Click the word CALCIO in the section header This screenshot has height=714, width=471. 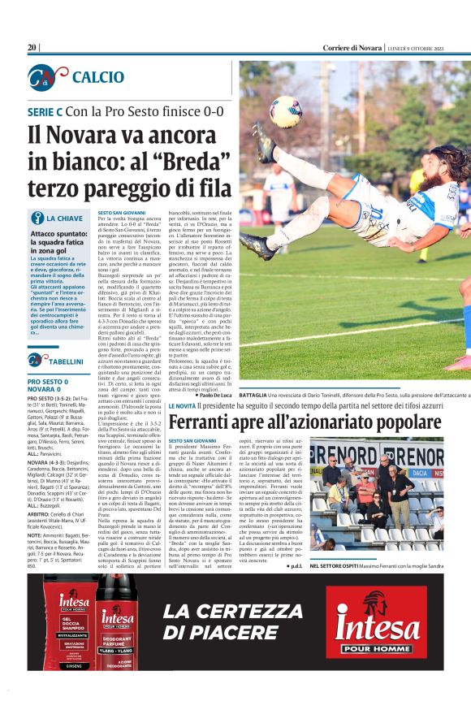97,77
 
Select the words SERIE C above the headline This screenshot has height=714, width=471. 45,110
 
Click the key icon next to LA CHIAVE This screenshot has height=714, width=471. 37,218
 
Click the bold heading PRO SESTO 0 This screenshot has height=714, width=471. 47,381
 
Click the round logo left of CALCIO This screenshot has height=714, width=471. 44,77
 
